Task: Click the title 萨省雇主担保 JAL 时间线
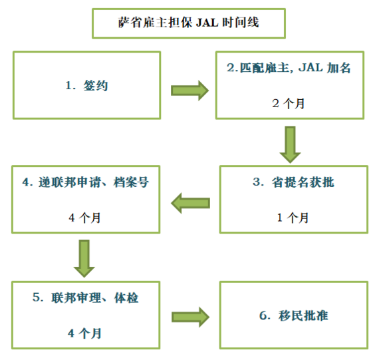(x=189, y=23)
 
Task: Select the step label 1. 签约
(x=86, y=85)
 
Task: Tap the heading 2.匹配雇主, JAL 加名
(x=289, y=68)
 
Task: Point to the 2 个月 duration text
(x=289, y=104)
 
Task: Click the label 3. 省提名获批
(x=293, y=182)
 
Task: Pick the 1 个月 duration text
(x=293, y=218)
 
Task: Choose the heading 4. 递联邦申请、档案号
(x=86, y=182)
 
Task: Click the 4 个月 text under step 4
(x=84, y=218)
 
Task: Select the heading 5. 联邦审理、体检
(x=85, y=297)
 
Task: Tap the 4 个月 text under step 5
(x=84, y=333)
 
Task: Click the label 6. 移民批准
(x=294, y=315)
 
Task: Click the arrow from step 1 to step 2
(x=189, y=90)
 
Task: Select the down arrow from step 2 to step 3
(x=290, y=144)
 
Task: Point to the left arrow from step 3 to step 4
(x=190, y=203)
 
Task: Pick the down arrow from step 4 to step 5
(x=84, y=258)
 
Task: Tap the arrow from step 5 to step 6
(x=190, y=317)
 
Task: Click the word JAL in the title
(x=207, y=23)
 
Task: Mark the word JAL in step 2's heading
(x=311, y=68)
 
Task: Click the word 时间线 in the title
(x=241, y=23)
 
